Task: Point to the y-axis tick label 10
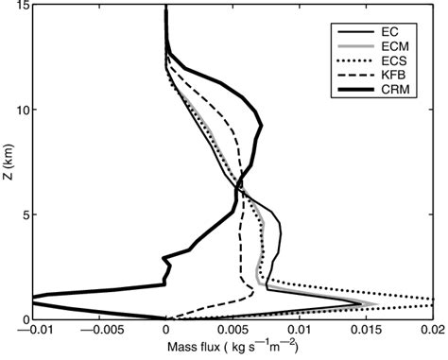coord(20,110)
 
